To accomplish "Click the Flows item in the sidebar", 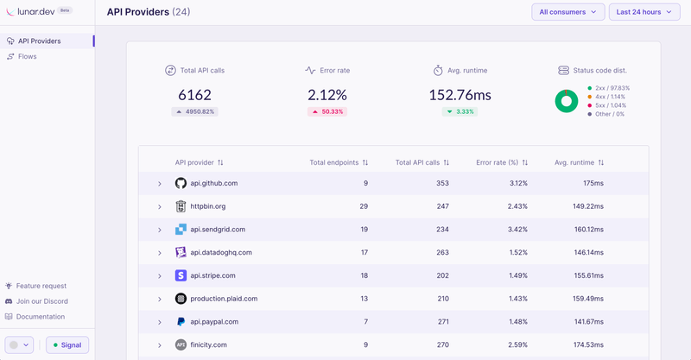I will (27, 56).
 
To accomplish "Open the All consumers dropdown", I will (567, 12).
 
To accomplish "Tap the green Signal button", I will (67, 344).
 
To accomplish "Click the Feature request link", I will (41, 286).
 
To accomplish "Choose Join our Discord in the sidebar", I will (41, 301).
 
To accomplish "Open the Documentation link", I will (41, 317).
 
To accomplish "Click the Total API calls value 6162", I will (194, 95).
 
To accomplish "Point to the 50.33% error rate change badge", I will (326, 111).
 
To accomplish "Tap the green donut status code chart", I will (567, 101).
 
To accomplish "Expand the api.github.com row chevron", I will (160, 184).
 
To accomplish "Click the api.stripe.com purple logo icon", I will (181, 275).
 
